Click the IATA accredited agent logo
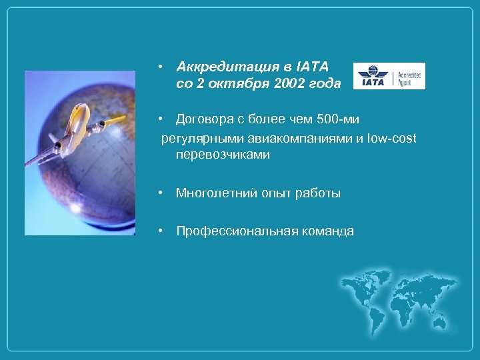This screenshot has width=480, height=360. [389, 76]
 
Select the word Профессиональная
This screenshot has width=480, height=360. [232, 231]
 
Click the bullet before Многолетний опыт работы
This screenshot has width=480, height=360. [161, 193]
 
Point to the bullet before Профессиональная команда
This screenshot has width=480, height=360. [161, 231]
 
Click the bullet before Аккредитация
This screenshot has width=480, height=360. [161, 67]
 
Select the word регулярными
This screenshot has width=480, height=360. [190, 138]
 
